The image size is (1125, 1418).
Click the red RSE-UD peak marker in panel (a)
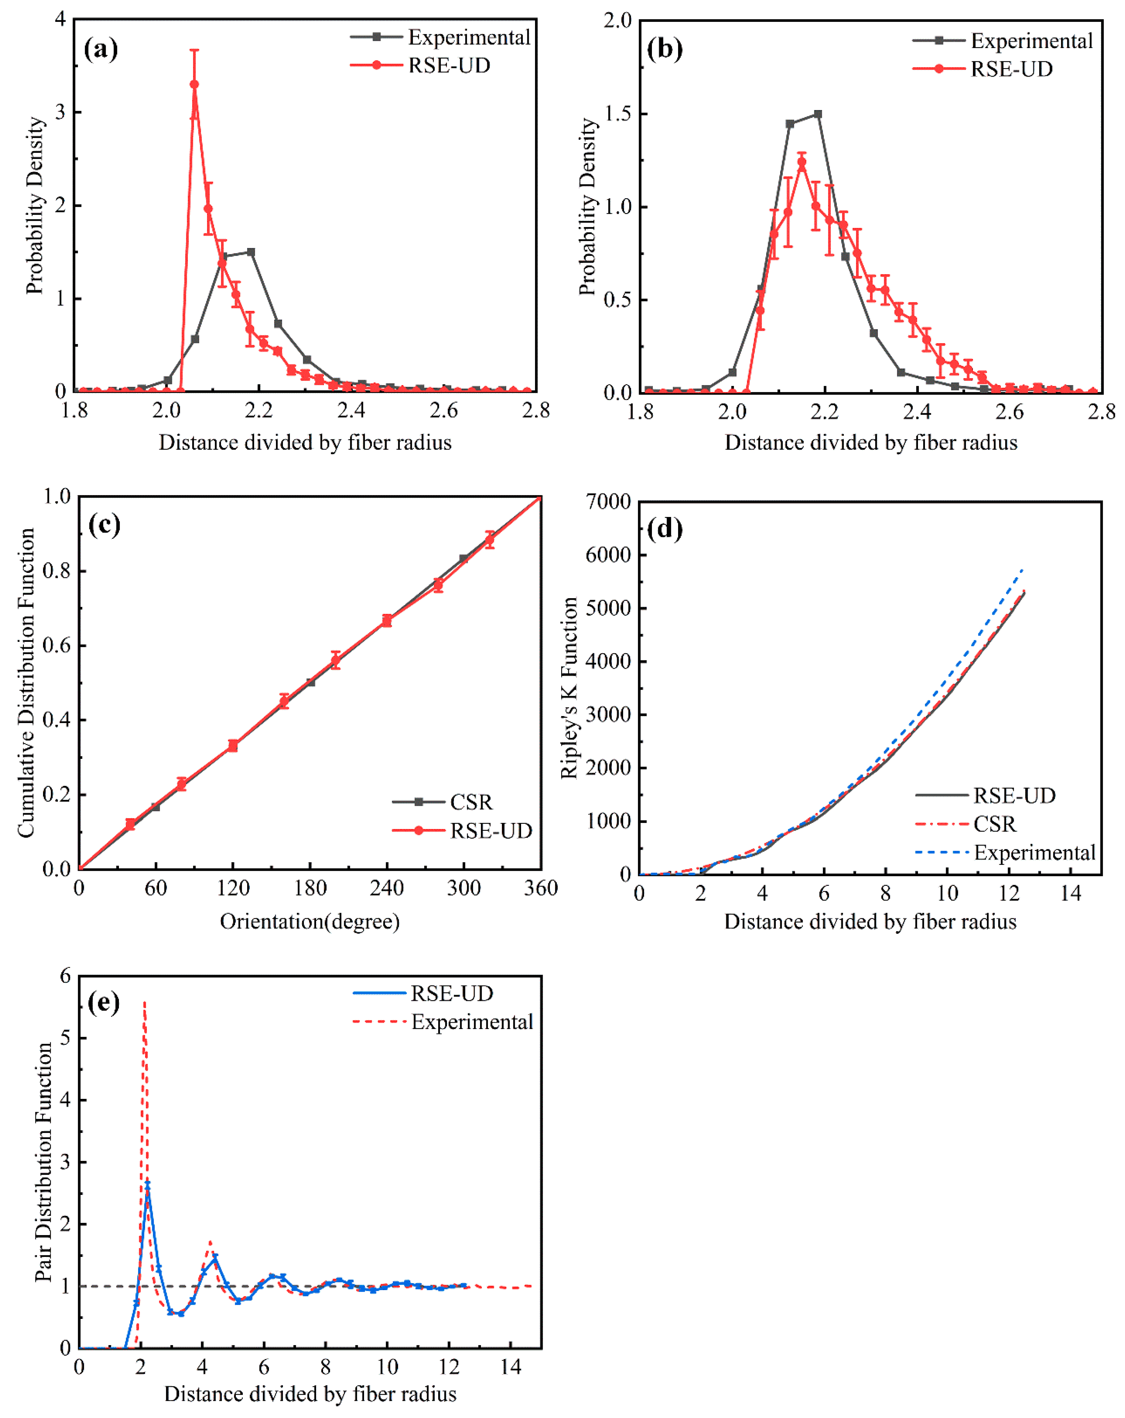tap(194, 84)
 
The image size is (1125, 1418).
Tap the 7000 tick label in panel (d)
tap(608, 502)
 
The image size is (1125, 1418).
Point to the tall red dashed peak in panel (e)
tap(144, 1003)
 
